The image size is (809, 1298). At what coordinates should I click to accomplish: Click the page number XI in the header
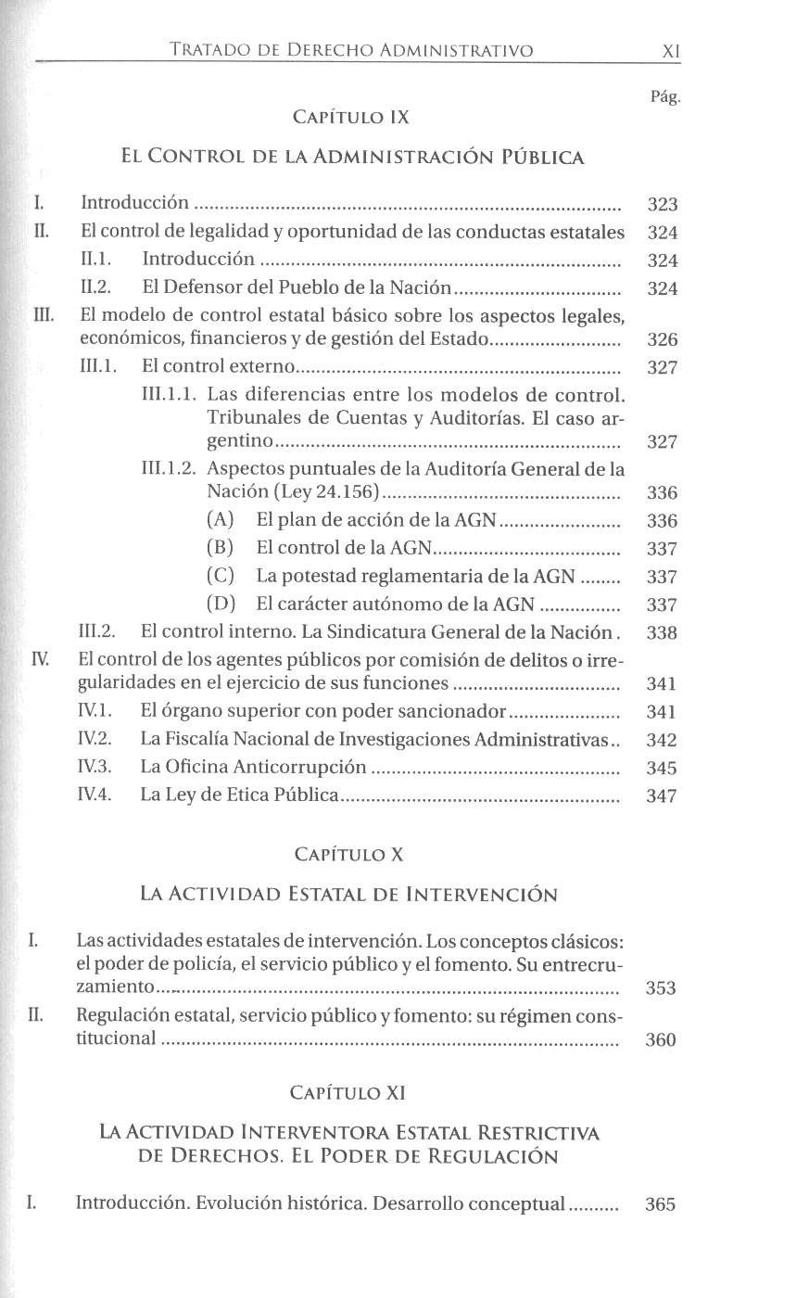[672, 52]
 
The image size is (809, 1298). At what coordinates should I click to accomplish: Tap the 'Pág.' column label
[665, 96]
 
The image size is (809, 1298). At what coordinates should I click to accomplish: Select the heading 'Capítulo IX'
[350, 118]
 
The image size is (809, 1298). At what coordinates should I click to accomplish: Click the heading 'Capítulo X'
[348, 854]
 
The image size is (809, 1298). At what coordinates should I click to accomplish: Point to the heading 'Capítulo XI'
[348, 1092]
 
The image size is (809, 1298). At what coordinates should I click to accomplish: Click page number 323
[663, 205]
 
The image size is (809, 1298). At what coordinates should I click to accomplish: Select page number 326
[663, 339]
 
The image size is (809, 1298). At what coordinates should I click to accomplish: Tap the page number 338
[663, 633]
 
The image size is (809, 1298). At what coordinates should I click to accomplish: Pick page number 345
[662, 768]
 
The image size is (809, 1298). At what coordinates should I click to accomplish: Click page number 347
[662, 795]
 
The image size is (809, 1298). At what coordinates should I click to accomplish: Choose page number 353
[661, 988]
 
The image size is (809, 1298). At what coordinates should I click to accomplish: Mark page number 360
[661, 1039]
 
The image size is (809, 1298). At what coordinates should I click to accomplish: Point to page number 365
[661, 1204]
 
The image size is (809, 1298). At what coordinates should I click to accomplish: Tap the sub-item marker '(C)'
[221, 577]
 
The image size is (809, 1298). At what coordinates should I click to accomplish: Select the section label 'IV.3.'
[95, 767]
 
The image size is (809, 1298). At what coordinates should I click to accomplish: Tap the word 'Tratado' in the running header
[204, 51]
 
